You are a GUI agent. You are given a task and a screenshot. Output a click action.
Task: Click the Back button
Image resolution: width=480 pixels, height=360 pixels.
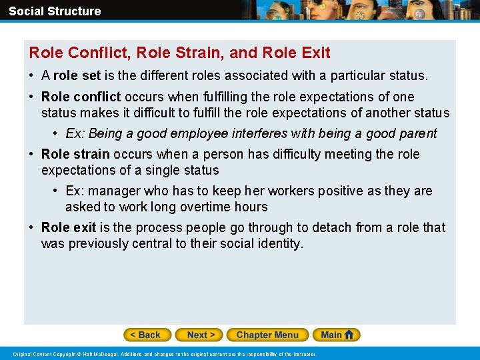tap(147, 335)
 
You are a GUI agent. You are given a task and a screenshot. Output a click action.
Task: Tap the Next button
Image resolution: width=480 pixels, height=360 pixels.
tap(201, 335)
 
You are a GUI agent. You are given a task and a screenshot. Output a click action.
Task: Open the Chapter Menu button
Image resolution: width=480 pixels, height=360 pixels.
tap(267, 335)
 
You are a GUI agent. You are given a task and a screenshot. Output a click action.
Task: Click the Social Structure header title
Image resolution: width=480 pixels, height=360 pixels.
tap(55, 11)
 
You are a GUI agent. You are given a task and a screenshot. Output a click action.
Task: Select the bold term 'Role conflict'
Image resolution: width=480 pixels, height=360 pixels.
tap(81, 97)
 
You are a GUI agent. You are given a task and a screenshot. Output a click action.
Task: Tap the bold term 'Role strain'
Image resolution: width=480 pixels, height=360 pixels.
tap(75, 154)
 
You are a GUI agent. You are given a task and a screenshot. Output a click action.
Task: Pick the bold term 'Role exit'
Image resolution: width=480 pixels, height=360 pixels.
tap(69, 227)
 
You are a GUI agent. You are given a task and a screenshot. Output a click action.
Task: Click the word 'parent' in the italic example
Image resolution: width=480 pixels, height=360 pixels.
tap(418, 133)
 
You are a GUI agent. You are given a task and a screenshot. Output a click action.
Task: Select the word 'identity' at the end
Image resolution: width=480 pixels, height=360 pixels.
tap(277, 243)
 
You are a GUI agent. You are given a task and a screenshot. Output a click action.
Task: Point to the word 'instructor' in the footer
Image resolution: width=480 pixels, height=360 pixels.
tap(303, 353)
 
